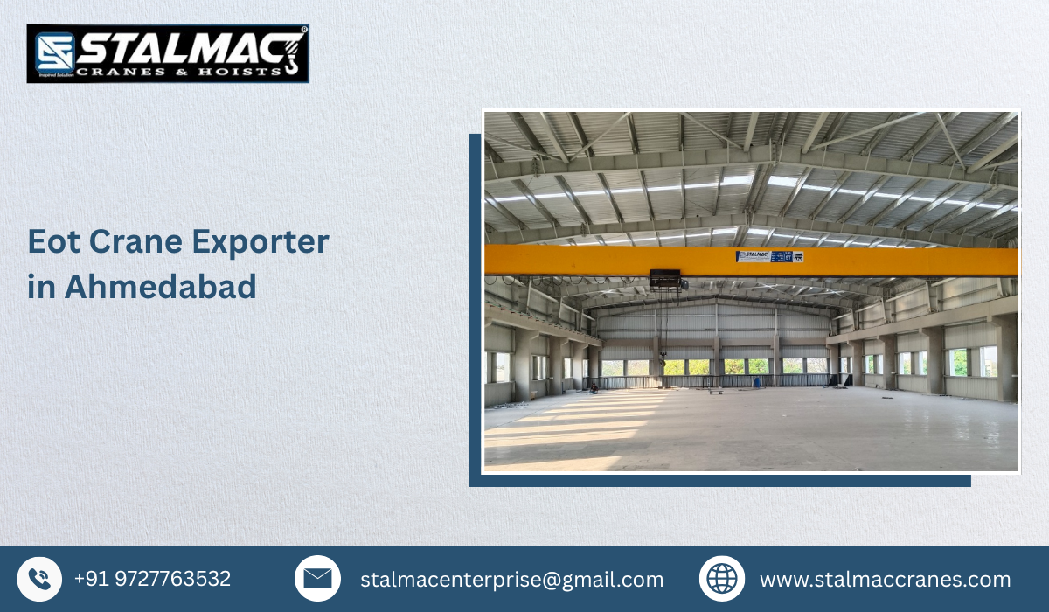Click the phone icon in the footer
point(39,579)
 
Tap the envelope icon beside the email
point(317,579)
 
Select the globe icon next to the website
point(722,579)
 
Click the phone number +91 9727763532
point(152,579)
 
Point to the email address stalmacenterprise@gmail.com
point(511,580)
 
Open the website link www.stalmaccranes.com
point(885,580)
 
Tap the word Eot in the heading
point(51,242)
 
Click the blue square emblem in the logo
point(52,52)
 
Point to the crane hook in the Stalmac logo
point(291,54)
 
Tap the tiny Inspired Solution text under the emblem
point(52,76)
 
